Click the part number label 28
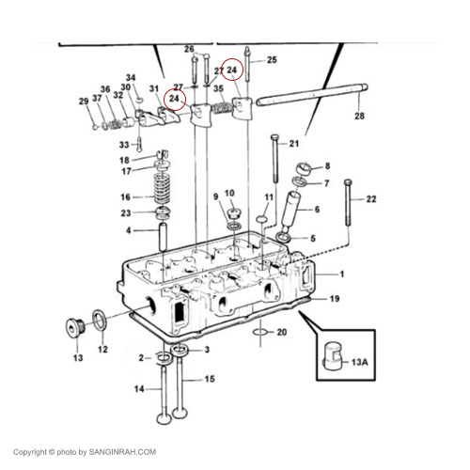click(359, 116)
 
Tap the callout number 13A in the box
click(360, 362)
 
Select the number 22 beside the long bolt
click(371, 199)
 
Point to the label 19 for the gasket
click(335, 299)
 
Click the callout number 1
click(342, 274)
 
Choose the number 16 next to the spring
click(125, 197)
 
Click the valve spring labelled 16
click(162, 188)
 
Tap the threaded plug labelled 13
click(75, 327)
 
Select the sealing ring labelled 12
click(100, 320)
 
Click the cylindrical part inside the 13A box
click(334, 357)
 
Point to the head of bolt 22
click(348, 182)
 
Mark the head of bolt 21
click(274, 137)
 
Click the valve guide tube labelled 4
click(163, 236)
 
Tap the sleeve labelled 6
click(290, 210)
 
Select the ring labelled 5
click(284, 238)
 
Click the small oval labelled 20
click(260, 332)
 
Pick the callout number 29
click(84, 102)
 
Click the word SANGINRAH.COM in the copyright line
click(122, 452)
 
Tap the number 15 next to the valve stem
click(210, 379)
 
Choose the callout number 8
click(327, 165)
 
